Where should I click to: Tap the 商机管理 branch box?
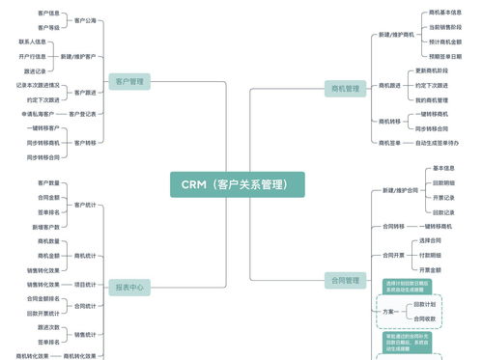343,89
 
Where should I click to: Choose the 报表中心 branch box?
129,288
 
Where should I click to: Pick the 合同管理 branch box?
344,281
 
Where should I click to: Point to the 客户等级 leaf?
48,27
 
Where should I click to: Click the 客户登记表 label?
82,114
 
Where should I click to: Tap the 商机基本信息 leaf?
443,13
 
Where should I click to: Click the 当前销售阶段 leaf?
443,27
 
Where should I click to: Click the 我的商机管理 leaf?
431,99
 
